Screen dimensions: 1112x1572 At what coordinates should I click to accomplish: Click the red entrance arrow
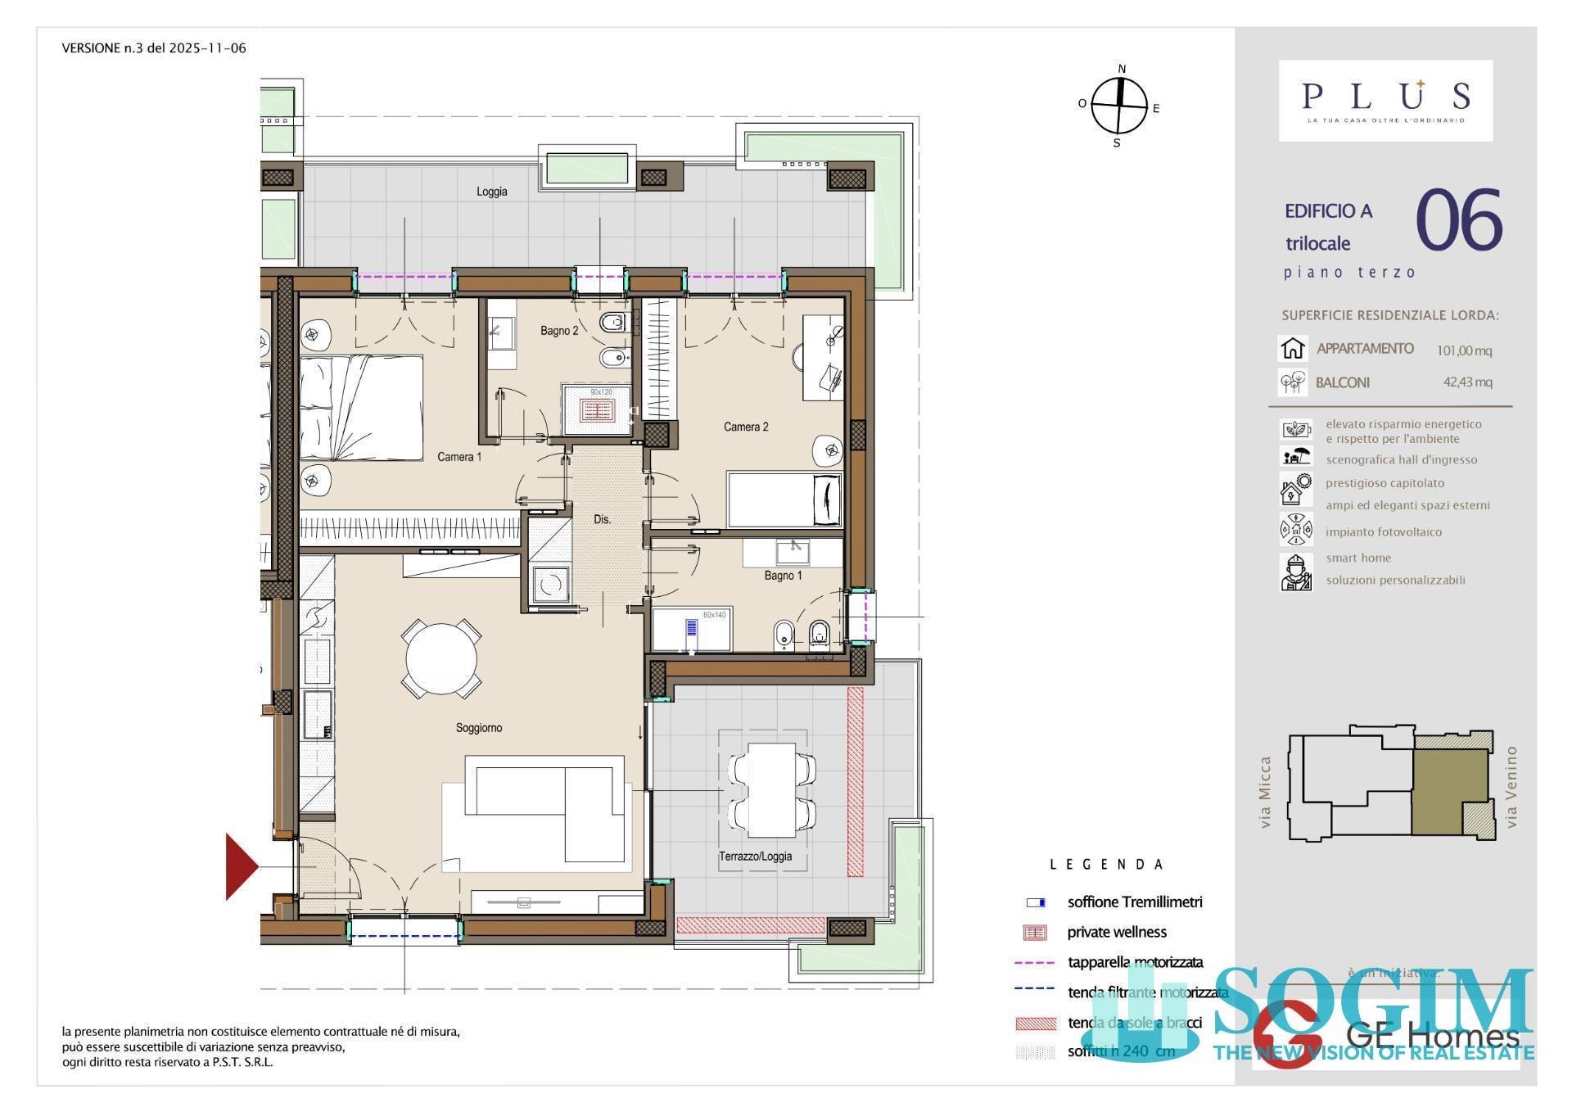[x=241, y=866]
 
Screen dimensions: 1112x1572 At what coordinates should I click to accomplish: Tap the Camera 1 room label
[x=459, y=457]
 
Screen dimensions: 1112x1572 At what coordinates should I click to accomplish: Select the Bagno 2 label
[x=559, y=331]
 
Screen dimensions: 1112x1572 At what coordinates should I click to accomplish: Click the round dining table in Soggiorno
[x=441, y=660]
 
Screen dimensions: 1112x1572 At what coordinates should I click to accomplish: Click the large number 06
[x=1458, y=221]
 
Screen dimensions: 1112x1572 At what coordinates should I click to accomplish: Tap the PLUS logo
[x=1385, y=99]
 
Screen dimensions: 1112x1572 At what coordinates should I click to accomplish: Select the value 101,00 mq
[x=1464, y=350]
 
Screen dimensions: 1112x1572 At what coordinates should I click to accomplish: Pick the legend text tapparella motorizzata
[x=1135, y=962]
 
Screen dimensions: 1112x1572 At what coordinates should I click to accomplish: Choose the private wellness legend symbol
[x=1036, y=932]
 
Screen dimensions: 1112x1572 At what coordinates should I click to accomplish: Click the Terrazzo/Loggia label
[x=755, y=857]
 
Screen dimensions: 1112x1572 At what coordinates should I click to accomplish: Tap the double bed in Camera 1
[x=361, y=408]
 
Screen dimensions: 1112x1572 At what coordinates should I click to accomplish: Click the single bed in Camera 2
[x=784, y=499]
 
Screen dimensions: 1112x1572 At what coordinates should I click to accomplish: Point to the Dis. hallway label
[x=602, y=519]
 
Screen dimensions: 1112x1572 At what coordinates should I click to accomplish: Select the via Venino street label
[x=1511, y=786]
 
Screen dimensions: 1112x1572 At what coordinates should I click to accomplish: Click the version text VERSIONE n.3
[x=154, y=48]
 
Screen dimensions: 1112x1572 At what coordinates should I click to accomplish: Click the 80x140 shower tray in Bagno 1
[x=693, y=630]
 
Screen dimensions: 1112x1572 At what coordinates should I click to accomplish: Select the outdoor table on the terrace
[x=771, y=789]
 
